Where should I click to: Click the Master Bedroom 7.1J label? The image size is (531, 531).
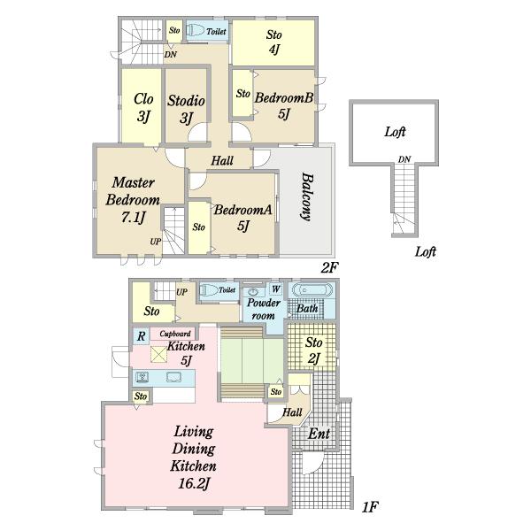[133, 200]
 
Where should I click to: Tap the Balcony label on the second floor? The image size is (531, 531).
[307, 197]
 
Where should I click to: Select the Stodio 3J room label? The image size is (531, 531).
[186, 109]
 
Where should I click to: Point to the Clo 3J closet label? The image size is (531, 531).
[143, 107]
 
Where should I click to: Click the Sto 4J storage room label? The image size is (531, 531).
[274, 42]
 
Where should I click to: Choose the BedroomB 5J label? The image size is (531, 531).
[284, 105]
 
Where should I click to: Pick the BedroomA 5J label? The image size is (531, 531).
[242, 217]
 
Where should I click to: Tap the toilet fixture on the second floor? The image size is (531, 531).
[195, 31]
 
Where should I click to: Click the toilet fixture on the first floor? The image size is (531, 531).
[208, 290]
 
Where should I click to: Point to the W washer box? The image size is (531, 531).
[275, 289]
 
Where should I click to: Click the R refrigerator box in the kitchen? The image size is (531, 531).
[141, 336]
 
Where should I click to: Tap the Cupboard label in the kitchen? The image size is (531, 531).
[175, 334]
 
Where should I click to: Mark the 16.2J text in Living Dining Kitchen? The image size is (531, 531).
[193, 483]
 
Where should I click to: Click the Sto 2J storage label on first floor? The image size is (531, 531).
[313, 350]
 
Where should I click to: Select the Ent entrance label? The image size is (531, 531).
[319, 434]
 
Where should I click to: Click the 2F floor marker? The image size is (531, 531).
[329, 268]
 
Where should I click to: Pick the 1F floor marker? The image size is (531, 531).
[369, 507]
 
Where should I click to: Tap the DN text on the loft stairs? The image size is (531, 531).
[404, 158]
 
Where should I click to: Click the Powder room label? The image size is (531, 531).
[264, 309]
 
